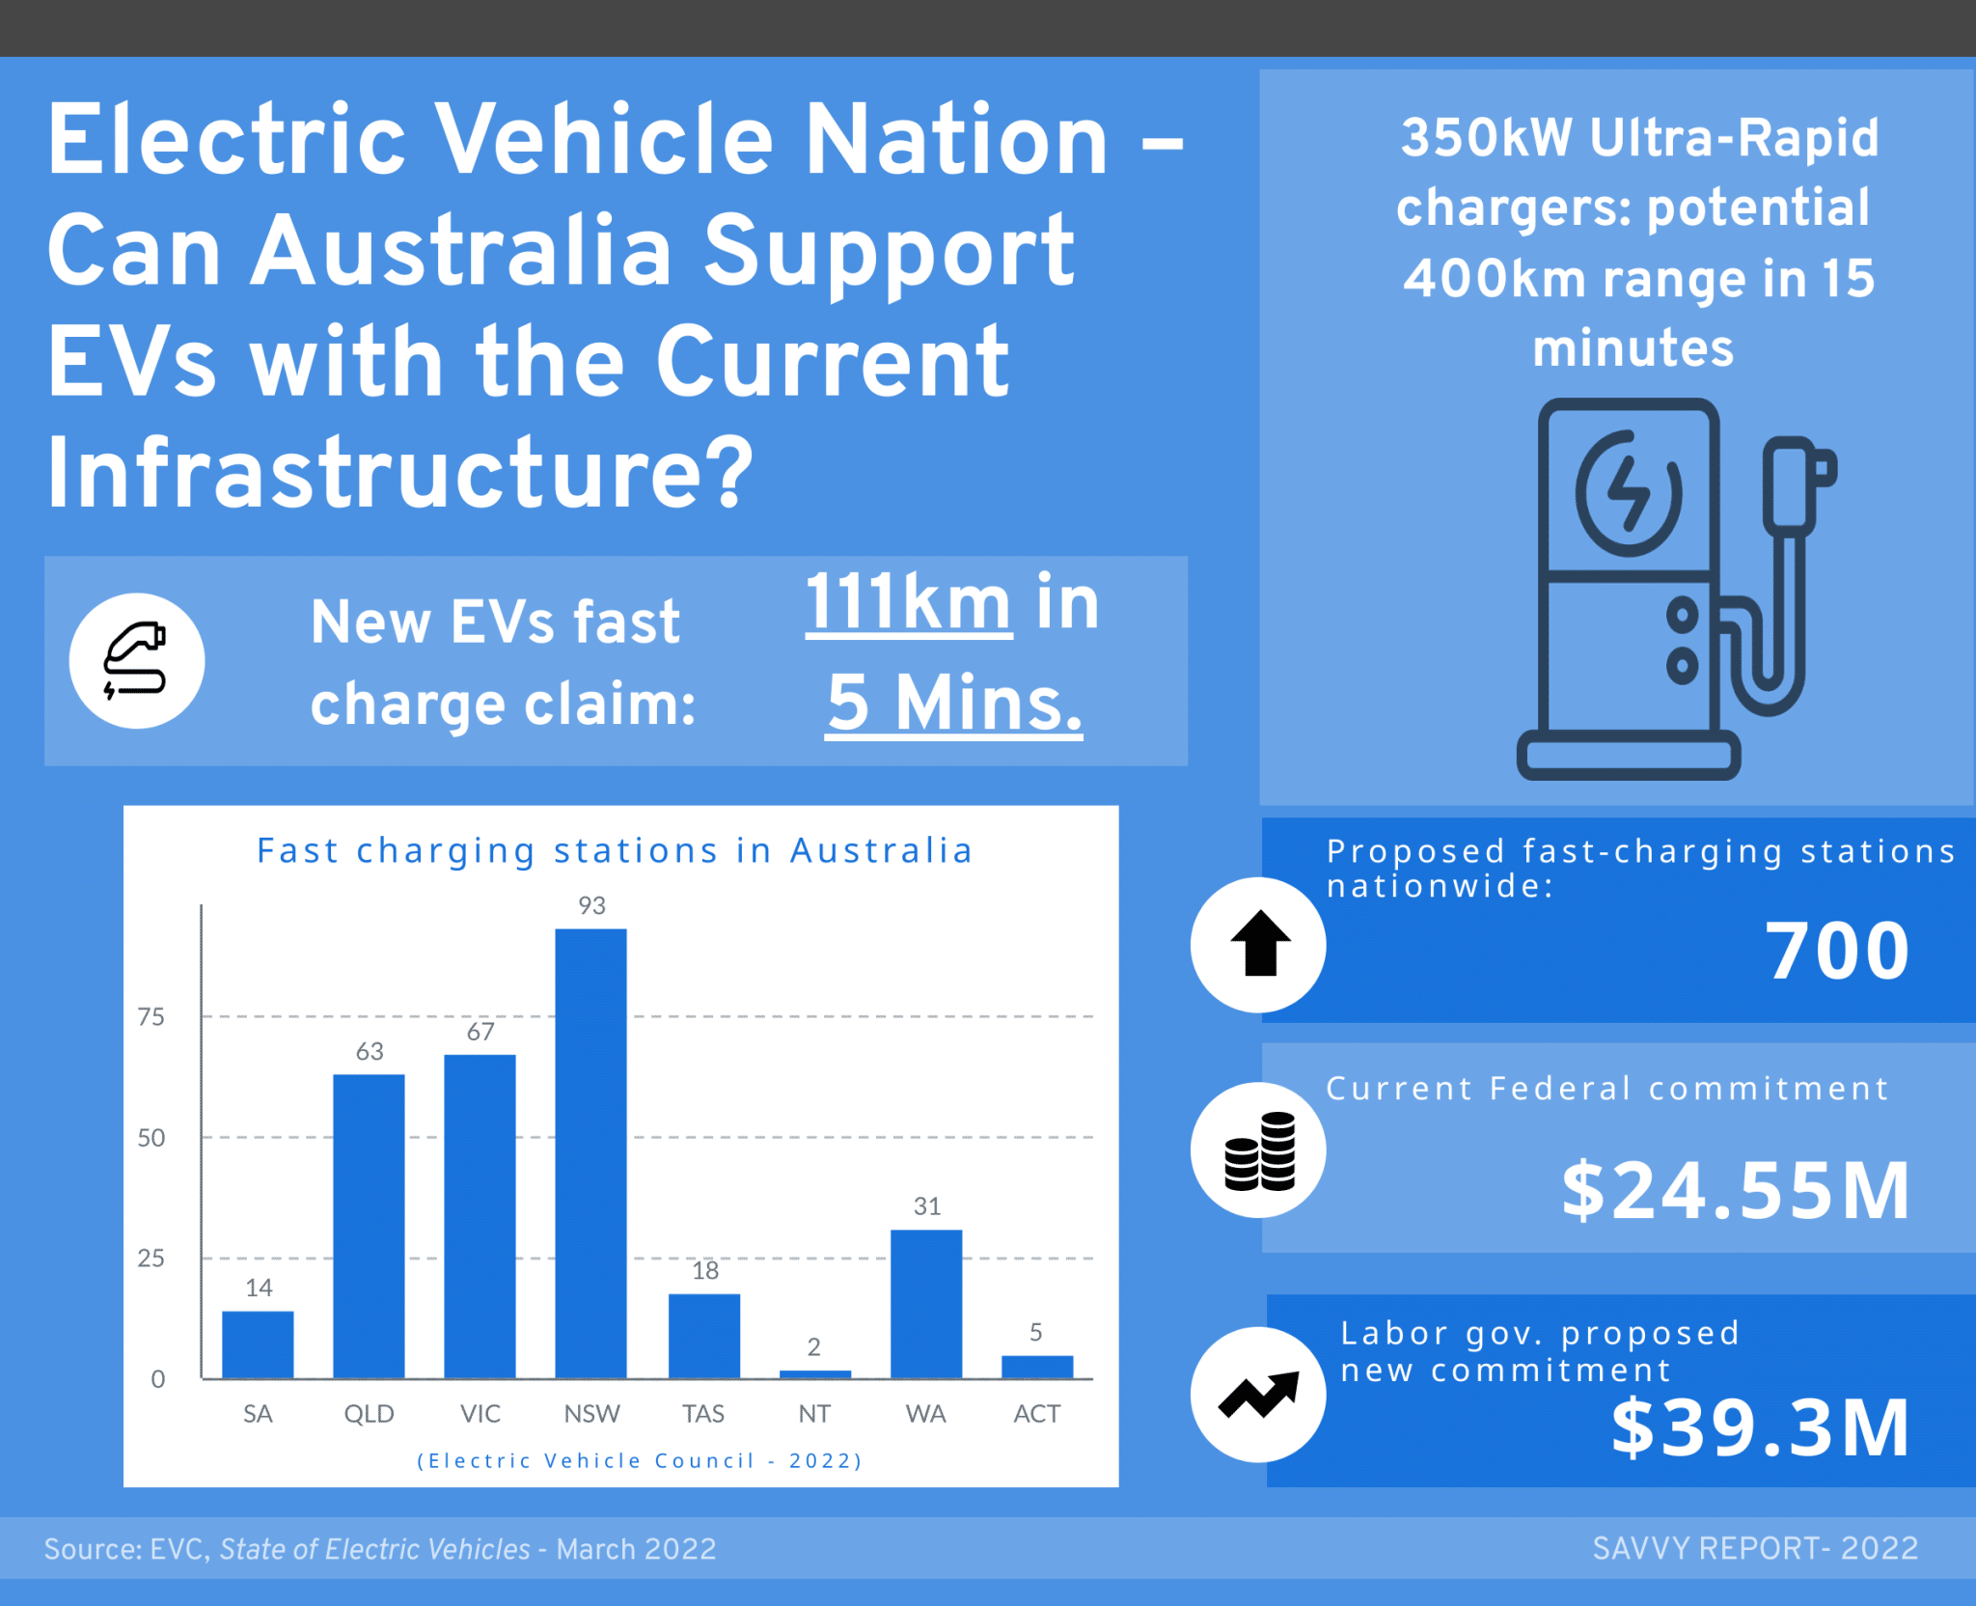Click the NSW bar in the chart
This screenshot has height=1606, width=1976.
590,1153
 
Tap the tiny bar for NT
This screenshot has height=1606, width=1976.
814,1373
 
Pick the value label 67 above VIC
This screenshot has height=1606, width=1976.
480,1032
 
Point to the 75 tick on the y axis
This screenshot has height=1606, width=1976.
151,1016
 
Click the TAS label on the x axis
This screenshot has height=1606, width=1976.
703,1414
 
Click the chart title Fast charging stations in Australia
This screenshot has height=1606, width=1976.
615,851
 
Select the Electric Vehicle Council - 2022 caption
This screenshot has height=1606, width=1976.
639,1460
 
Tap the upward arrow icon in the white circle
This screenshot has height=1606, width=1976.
1259,944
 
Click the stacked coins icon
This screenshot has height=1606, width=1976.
1259,1150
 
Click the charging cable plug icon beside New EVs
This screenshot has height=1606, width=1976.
136,661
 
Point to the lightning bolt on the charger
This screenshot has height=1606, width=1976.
1629,493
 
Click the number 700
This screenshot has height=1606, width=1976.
1836,952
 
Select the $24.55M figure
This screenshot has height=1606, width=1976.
1735,1191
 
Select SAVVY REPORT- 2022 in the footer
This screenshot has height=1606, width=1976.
1754,1548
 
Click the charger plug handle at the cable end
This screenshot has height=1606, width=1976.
1795,483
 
